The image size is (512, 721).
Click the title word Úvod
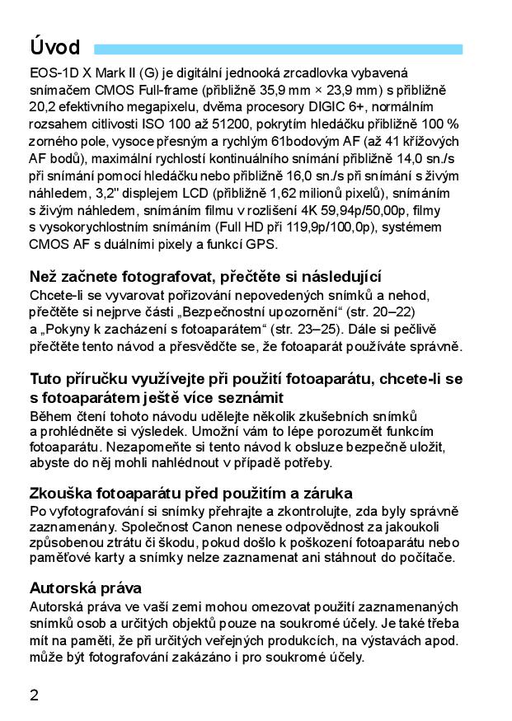pyautogui.click(x=54, y=46)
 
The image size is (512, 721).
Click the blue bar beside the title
pyautogui.click(x=278, y=49)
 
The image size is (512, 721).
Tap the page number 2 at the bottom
pyautogui.click(x=34, y=694)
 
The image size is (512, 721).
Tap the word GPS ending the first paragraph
pyautogui.click(x=260, y=244)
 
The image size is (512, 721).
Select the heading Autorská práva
pyautogui.click(x=86, y=588)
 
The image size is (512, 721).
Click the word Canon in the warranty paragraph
pyautogui.click(x=209, y=527)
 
